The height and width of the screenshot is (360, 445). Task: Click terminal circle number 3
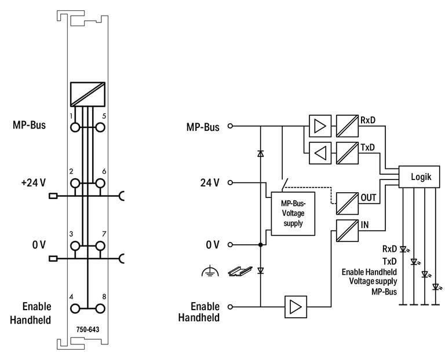coord(75,246)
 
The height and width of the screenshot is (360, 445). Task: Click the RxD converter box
coord(346,126)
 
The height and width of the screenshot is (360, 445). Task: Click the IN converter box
coord(346,229)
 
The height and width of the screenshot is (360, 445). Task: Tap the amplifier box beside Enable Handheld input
coord(296,306)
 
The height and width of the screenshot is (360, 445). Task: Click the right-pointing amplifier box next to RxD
coord(319,126)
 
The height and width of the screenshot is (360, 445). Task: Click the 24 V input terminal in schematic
coord(231,183)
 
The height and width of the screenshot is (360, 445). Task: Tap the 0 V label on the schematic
coord(213,245)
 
